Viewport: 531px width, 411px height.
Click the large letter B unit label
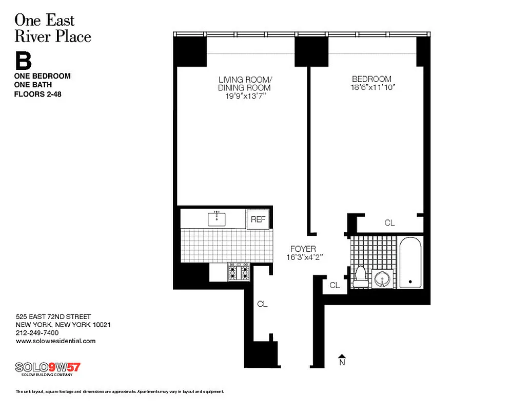(x=23, y=61)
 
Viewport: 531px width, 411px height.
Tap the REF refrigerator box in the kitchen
(x=258, y=219)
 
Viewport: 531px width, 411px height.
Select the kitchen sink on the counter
(x=218, y=219)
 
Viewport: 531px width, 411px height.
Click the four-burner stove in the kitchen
(x=239, y=272)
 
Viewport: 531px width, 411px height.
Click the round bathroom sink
(x=382, y=279)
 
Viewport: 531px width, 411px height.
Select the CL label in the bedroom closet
(x=389, y=223)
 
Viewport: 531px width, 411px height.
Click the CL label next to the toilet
(x=335, y=285)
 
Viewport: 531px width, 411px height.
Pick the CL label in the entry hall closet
(x=262, y=304)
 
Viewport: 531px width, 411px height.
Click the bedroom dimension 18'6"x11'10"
(x=371, y=88)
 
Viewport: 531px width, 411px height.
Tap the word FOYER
(x=303, y=249)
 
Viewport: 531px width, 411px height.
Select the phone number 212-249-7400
(x=37, y=333)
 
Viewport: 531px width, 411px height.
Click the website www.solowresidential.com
(x=56, y=341)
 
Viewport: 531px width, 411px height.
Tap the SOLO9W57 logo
(x=48, y=368)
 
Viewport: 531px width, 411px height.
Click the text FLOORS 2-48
(x=37, y=94)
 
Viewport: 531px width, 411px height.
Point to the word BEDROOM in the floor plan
(x=371, y=79)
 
